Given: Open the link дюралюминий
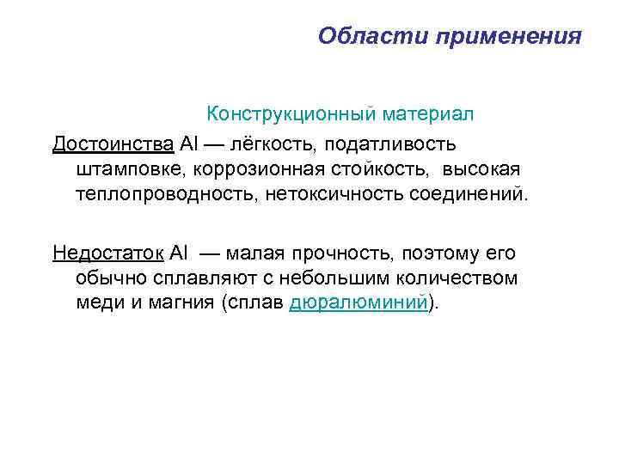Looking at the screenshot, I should coord(359,304).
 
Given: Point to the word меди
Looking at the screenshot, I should coord(96,304).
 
